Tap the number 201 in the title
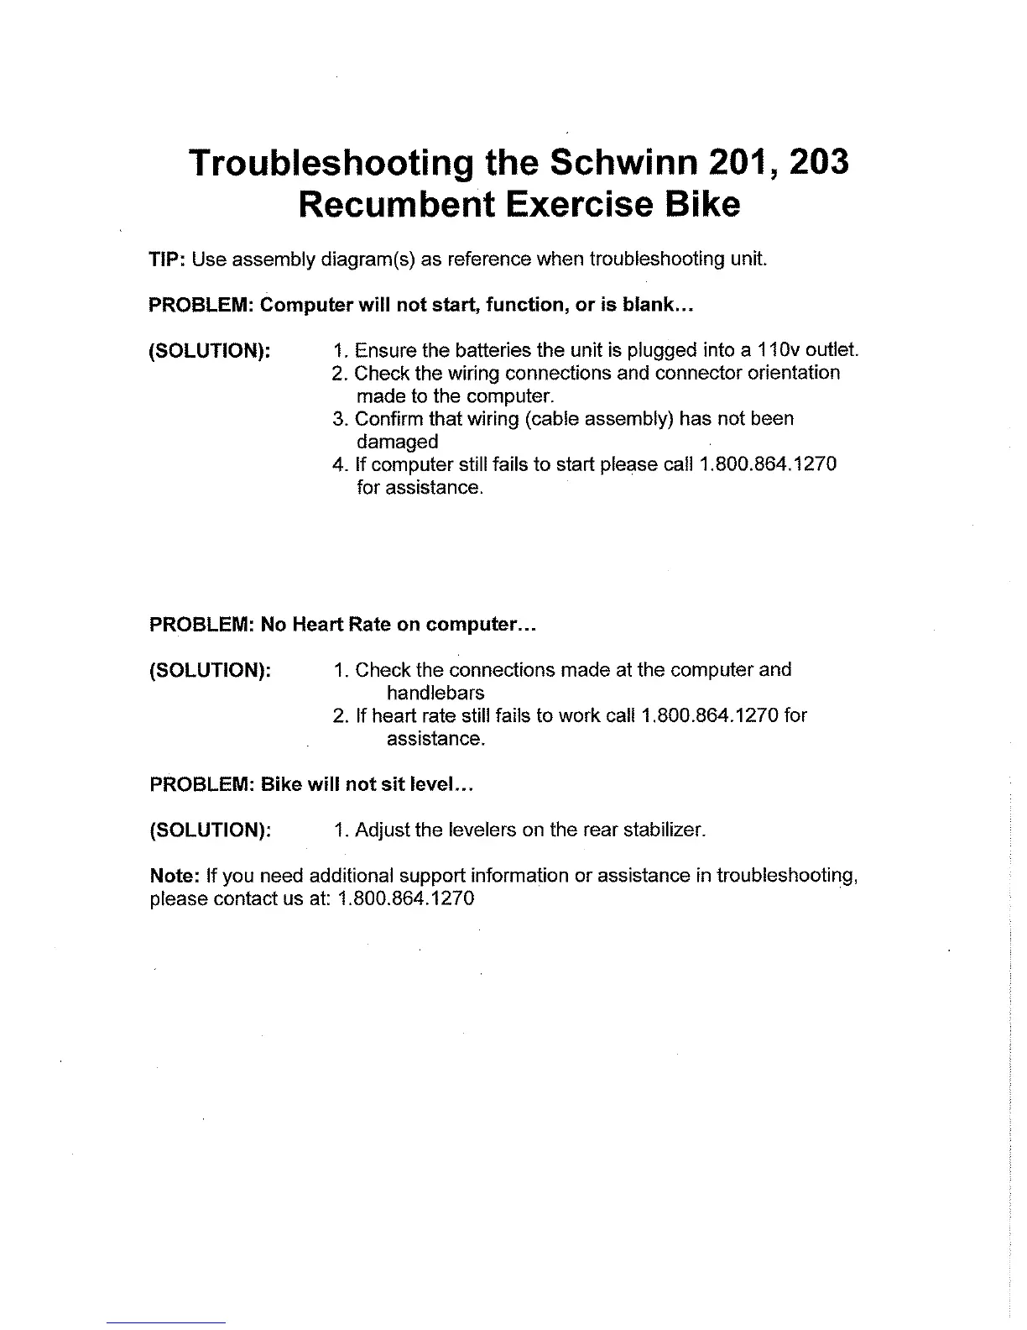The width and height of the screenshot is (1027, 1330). click(x=748, y=162)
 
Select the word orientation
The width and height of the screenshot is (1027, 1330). click(x=790, y=372)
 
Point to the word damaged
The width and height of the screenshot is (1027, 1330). click(x=397, y=442)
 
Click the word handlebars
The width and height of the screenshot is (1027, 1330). click(x=435, y=694)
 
